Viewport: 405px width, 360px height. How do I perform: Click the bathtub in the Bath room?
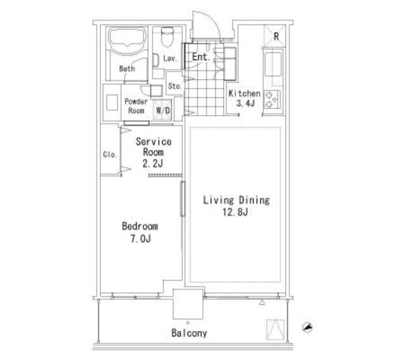(127, 40)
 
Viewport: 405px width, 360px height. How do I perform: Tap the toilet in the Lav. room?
(167, 37)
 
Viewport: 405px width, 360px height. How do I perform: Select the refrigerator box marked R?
(275, 35)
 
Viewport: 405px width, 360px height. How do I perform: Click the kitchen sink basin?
(273, 65)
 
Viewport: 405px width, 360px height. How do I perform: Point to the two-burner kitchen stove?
(272, 100)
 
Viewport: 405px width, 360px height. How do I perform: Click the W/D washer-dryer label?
(163, 111)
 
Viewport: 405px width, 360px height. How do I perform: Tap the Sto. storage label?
(175, 86)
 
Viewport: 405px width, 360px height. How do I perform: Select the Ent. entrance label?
(201, 57)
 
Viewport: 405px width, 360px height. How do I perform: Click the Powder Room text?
(136, 106)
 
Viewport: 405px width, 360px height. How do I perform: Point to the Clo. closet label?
(109, 154)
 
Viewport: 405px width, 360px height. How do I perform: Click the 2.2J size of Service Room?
(153, 164)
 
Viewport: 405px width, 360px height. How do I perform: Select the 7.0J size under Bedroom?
(140, 239)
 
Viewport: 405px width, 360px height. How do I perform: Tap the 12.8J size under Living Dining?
(235, 213)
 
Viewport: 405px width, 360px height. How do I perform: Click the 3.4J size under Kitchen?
(246, 103)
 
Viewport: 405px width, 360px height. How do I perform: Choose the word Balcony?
(189, 333)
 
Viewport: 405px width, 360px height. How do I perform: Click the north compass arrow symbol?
(308, 327)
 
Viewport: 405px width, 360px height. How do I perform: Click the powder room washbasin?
(112, 102)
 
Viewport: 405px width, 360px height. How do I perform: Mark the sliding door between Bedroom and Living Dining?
(183, 199)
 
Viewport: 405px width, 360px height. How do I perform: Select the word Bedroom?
(140, 227)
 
